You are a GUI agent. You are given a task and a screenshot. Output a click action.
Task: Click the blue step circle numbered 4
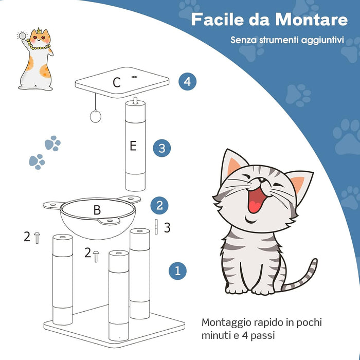tap(188, 81)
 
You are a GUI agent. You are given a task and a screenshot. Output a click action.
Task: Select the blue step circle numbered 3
tap(161, 149)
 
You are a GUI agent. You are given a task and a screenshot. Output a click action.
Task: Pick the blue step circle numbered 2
tap(159, 206)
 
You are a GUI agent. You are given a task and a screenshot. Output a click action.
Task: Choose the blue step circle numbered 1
tap(177, 270)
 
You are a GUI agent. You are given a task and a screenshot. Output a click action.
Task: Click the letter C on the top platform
tap(117, 82)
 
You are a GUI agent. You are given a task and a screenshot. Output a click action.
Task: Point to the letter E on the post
tap(133, 146)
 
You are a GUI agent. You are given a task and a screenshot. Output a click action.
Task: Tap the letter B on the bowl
tap(97, 210)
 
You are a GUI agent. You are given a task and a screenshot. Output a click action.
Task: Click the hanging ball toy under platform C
tap(95, 117)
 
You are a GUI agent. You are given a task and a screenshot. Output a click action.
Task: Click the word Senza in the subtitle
tap(243, 40)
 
